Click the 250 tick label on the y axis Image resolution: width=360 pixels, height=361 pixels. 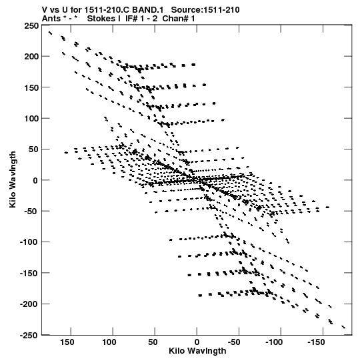click(x=31, y=25)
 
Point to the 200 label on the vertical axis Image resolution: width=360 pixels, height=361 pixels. click(x=31, y=57)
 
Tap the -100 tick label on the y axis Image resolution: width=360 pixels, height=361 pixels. click(x=29, y=242)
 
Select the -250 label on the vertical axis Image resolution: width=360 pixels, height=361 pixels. click(x=29, y=335)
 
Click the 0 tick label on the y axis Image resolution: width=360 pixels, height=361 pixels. click(x=35, y=180)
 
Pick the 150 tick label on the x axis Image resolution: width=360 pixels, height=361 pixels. click(x=67, y=342)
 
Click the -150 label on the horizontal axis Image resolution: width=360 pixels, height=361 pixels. click(x=316, y=342)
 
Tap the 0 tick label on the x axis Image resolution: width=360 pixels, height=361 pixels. click(x=197, y=342)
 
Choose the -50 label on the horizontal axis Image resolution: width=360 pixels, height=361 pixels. click(x=234, y=342)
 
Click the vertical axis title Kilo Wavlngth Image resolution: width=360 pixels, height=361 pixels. click(x=13, y=179)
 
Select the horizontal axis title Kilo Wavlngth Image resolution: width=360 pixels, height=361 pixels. click(x=197, y=351)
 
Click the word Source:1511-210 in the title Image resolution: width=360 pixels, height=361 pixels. click(x=205, y=10)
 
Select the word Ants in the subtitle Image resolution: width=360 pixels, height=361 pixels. click(x=51, y=19)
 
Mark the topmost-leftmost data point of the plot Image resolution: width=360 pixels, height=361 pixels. click(x=50, y=33)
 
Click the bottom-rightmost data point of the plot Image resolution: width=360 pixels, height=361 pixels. click(x=344, y=327)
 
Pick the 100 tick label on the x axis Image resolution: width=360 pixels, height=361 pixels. click(x=109, y=342)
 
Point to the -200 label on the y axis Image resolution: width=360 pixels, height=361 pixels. click(x=29, y=304)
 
